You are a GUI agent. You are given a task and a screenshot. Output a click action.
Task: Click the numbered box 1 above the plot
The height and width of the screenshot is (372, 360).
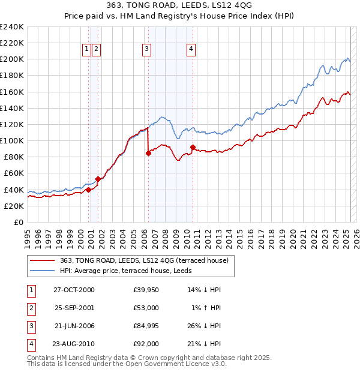point(87,49)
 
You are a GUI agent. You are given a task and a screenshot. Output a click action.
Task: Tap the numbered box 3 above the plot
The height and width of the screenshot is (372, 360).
point(147,49)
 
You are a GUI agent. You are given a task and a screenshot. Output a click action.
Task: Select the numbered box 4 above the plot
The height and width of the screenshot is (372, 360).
point(191,49)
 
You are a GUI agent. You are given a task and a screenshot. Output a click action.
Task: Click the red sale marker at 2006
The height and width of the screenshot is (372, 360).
point(148,153)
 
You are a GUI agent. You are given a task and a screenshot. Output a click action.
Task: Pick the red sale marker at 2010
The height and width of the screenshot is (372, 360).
point(193,147)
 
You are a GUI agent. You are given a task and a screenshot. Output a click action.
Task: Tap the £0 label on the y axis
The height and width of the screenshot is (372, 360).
point(18,222)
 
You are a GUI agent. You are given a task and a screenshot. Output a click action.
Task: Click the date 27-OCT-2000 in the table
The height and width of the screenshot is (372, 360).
point(74,290)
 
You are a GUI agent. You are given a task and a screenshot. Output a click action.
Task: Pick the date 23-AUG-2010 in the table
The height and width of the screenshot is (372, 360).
point(74,344)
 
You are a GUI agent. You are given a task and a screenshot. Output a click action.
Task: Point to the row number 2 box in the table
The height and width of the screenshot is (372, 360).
point(31,308)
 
